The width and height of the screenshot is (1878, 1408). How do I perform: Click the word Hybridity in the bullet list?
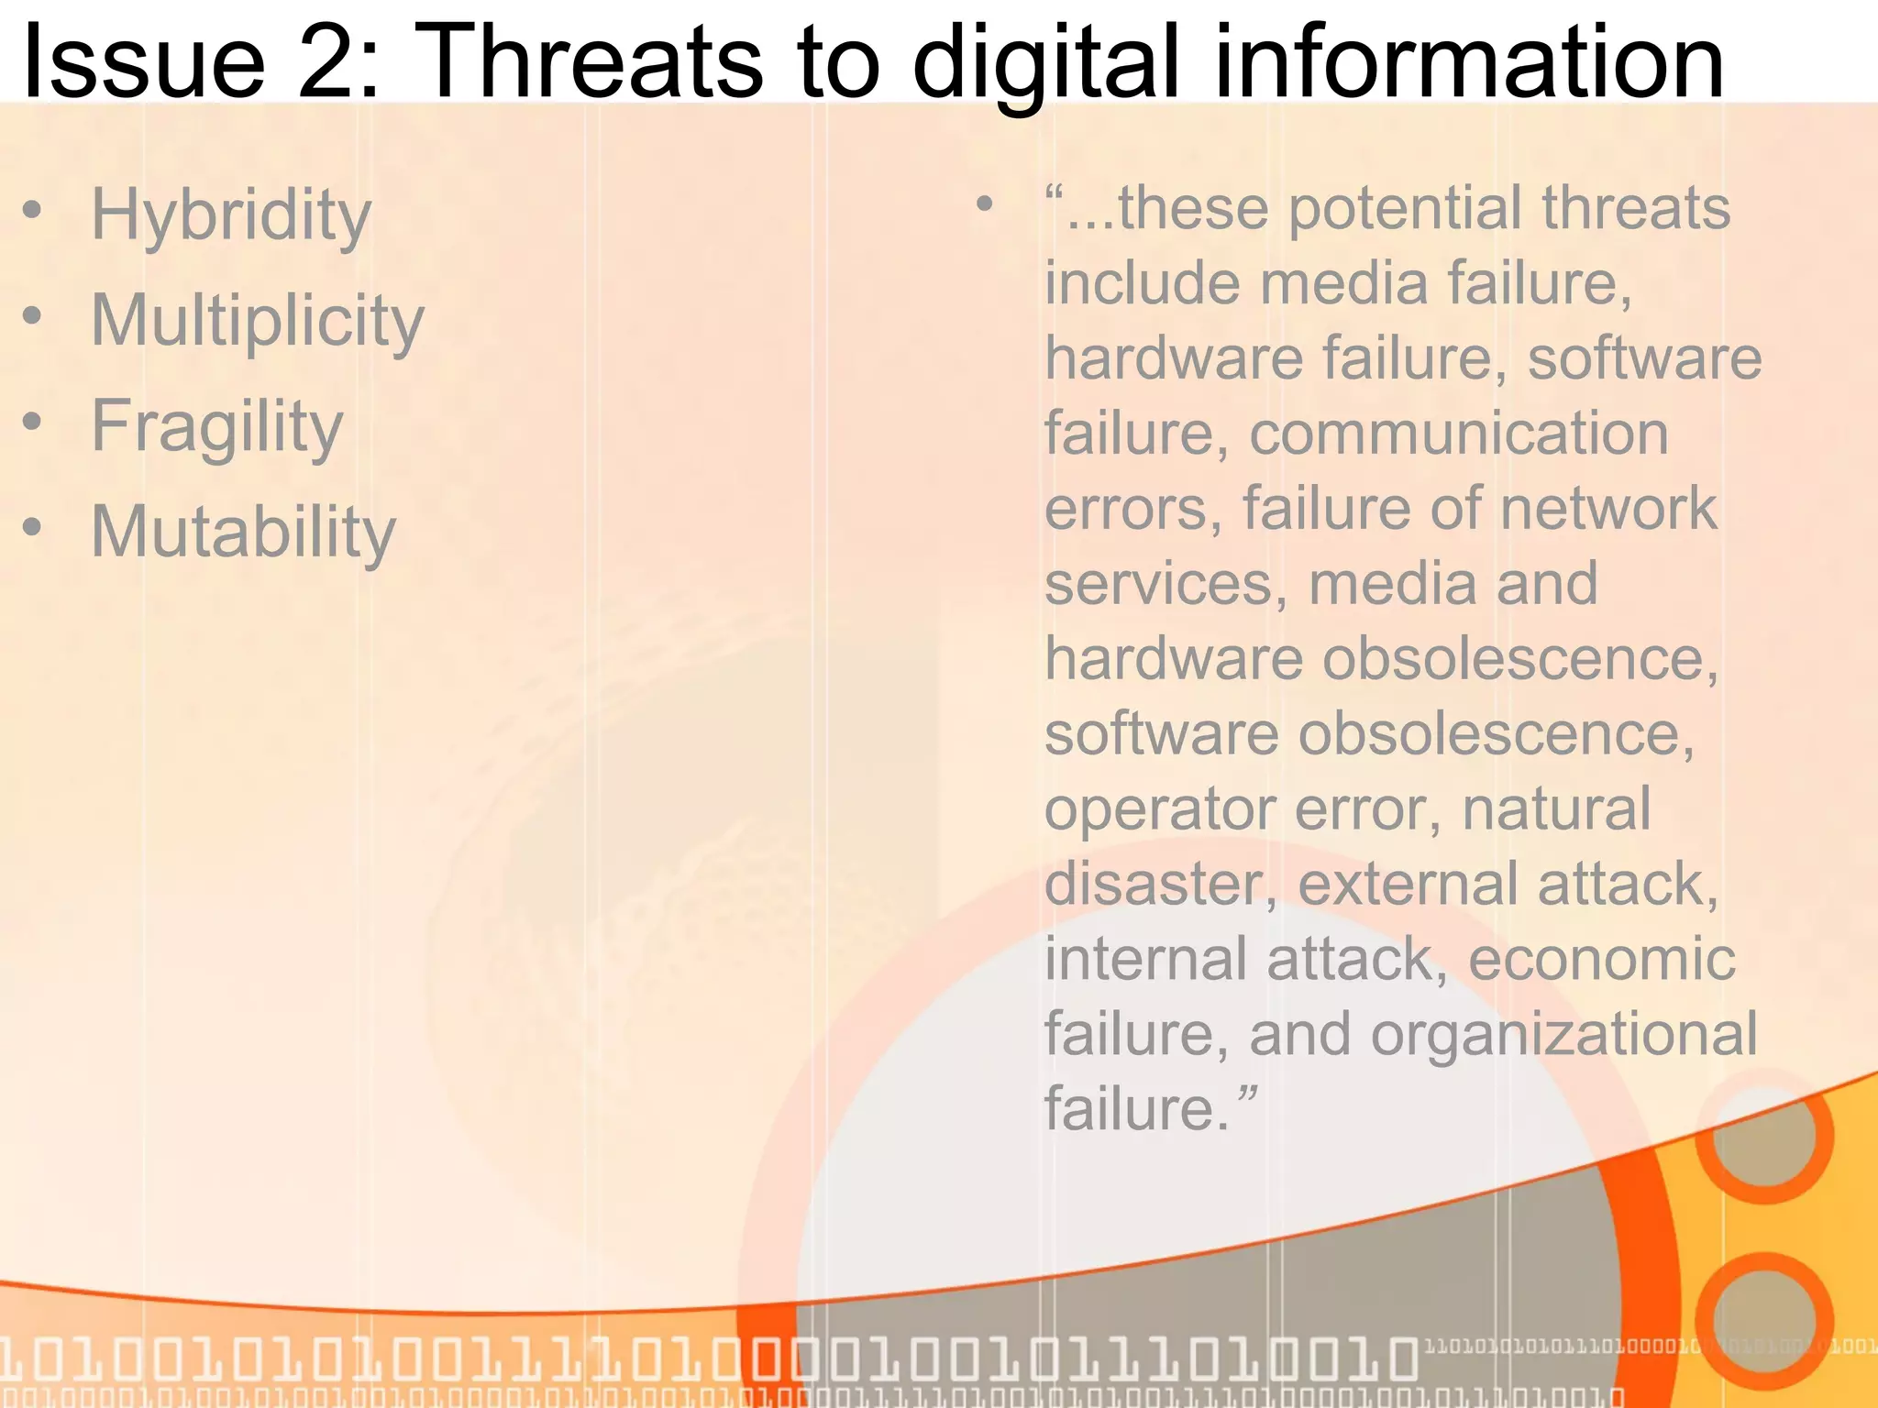pos(231,215)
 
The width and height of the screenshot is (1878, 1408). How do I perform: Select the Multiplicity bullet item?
pos(258,321)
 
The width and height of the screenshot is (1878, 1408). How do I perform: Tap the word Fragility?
pos(217,426)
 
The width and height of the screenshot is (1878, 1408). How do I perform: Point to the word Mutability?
pos(243,532)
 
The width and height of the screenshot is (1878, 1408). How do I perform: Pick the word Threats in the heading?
pos(592,62)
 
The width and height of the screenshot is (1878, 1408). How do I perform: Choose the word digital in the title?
pos(1045,62)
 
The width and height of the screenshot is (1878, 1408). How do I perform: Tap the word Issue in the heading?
pos(143,62)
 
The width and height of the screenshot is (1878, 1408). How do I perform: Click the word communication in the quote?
pos(1458,433)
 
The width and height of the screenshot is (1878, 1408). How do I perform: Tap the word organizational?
pos(1563,1034)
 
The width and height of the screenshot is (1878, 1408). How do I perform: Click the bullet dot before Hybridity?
pos(33,212)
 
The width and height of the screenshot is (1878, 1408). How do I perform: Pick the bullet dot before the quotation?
pos(984,203)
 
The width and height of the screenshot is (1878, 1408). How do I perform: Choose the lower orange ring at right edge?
pos(1763,1321)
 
